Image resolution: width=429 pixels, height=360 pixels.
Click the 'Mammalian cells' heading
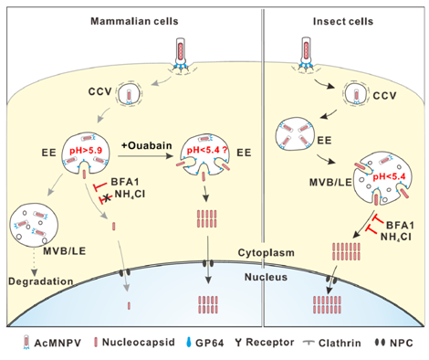click(x=134, y=21)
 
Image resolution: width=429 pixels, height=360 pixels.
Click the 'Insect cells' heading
click(x=343, y=21)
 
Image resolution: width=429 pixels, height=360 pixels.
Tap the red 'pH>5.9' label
click(x=86, y=150)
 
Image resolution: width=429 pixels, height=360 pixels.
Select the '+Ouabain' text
click(x=147, y=145)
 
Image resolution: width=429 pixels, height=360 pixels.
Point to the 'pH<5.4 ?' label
click(x=207, y=150)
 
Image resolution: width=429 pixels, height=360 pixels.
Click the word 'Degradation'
click(x=41, y=281)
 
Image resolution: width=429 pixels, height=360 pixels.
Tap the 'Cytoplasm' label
click(x=267, y=252)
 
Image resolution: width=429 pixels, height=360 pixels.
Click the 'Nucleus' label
click(x=266, y=277)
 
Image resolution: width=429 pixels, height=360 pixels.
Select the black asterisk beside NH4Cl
click(x=107, y=199)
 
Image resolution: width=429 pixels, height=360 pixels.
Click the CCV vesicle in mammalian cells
click(x=129, y=94)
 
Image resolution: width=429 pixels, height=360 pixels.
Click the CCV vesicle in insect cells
click(x=356, y=94)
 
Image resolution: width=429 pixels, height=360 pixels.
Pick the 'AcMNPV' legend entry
click(x=52, y=343)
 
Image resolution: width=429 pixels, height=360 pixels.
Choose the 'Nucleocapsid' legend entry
click(x=135, y=342)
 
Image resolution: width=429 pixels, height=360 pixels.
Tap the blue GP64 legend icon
click(x=189, y=342)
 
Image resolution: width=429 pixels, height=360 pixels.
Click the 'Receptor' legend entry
click(x=264, y=343)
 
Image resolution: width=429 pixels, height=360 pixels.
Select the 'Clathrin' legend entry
click(x=332, y=343)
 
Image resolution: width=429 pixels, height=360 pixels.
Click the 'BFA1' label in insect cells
click(x=400, y=226)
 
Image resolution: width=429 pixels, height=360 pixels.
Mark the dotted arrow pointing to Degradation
click(x=34, y=262)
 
